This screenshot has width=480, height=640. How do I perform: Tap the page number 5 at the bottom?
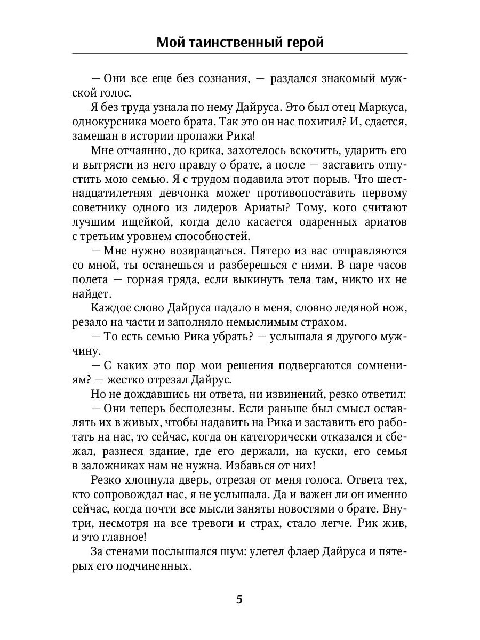click(x=239, y=599)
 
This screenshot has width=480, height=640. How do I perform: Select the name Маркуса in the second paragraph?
click(x=382, y=107)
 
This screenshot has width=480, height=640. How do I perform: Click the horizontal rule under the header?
click(x=239, y=54)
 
